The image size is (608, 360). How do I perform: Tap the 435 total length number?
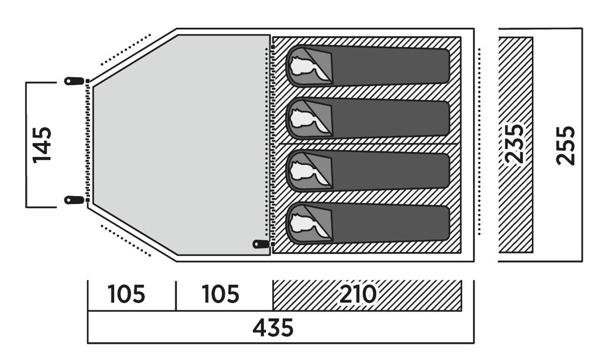[273, 328]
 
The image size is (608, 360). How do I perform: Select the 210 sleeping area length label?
[358, 295]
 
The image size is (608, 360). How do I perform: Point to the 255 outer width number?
[566, 145]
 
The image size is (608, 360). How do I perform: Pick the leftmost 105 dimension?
[126, 295]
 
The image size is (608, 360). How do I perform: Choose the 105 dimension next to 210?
[220, 295]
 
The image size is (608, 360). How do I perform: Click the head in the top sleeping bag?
[306, 66]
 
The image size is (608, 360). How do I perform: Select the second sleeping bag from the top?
[368, 118]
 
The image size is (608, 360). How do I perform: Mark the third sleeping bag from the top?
[368, 170]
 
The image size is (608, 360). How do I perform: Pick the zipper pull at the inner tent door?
[261, 244]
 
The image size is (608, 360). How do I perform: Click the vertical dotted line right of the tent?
[479, 142]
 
